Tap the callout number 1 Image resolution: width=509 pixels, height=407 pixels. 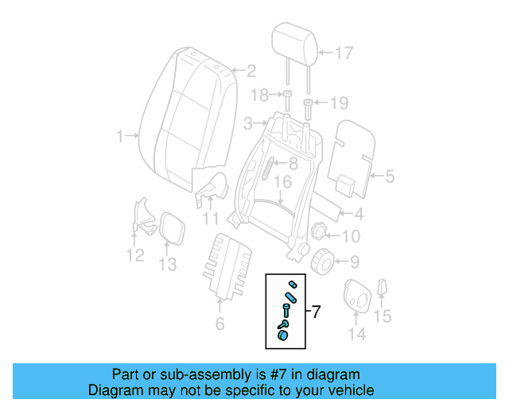[121, 137]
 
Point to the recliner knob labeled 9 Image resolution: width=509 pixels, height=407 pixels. [322, 260]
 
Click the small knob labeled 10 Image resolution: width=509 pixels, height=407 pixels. [320, 231]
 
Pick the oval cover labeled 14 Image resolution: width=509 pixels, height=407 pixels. [358, 299]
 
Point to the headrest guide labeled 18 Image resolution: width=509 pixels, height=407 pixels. [285, 101]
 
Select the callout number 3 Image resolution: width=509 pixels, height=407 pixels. [248, 123]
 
